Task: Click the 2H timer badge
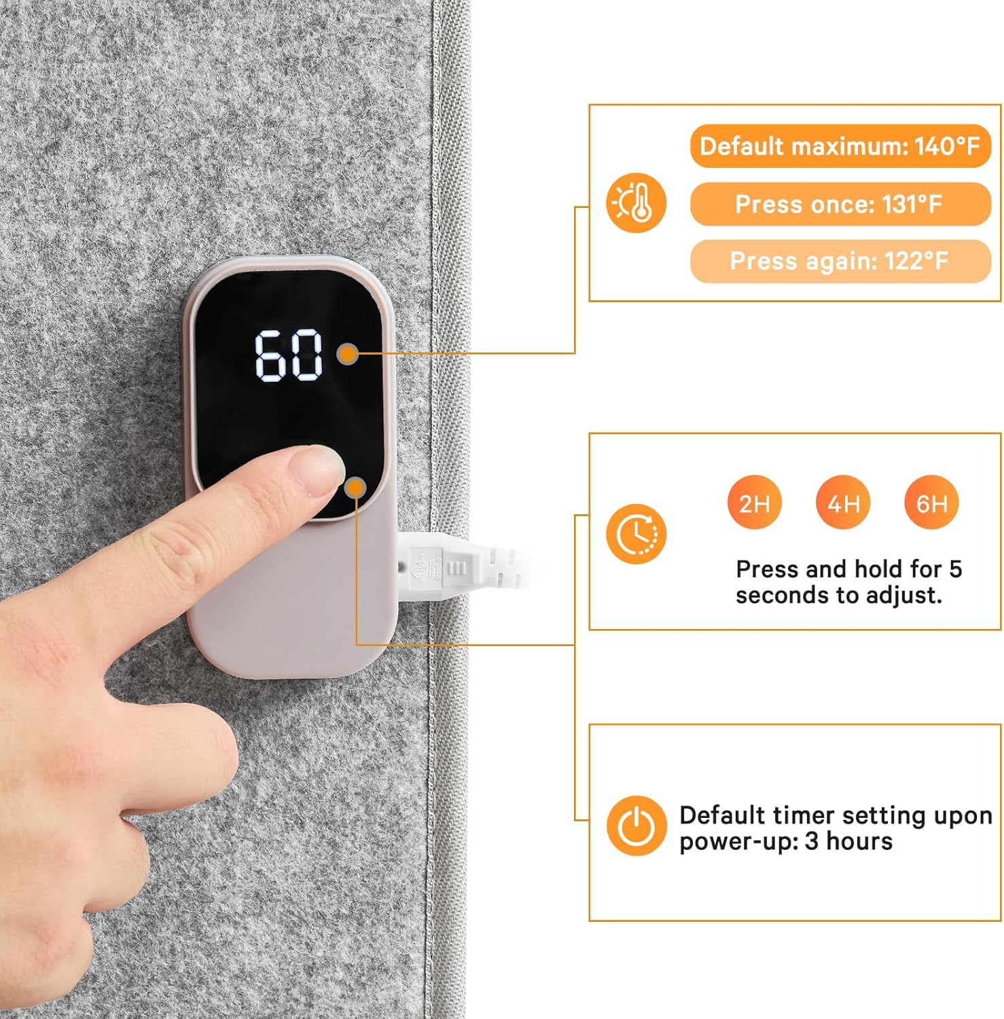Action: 754,503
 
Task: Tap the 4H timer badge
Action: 843,503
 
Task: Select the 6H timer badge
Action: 931,503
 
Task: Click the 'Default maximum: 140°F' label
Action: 840,146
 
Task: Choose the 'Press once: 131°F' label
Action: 840,204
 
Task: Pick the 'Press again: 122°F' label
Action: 840,261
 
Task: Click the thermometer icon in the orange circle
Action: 637,203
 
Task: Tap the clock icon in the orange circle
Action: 637,534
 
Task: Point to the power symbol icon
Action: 637,826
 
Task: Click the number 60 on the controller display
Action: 289,355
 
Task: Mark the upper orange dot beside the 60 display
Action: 348,353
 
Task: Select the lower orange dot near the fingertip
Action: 356,487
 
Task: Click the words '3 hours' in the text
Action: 848,841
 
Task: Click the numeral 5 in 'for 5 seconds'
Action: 956,569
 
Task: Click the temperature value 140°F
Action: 947,146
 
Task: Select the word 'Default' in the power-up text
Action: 722,815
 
